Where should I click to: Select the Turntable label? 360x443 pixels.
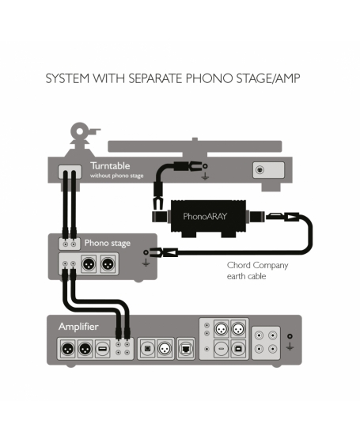click(x=110, y=166)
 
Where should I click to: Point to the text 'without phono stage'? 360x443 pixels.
click(x=117, y=176)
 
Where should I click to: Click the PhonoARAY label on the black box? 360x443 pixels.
click(x=205, y=217)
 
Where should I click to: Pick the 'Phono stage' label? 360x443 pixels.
click(x=108, y=243)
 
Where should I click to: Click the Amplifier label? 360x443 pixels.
click(x=78, y=327)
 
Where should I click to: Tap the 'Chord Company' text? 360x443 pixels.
click(x=257, y=265)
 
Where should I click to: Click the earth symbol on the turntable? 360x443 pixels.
click(x=205, y=177)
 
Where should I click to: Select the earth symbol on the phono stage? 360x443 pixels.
click(x=146, y=263)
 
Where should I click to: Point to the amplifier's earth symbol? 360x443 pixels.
click(x=290, y=346)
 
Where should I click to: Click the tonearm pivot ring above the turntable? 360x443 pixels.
click(x=80, y=131)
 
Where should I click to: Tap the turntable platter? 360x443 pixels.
click(x=195, y=146)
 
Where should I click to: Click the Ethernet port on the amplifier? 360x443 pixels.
click(x=186, y=349)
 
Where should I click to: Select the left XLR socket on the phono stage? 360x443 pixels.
click(x=89, y=264)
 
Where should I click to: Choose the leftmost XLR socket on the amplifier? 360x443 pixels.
click(x=67, y=350)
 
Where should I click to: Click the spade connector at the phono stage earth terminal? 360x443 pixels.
click(x=155, y=252)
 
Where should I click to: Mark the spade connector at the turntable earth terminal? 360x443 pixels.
click(x=196, y=166)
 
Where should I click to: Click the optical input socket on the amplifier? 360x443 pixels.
click(x=147, y=349)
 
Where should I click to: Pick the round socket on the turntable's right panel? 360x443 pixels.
click(x=260, y=170)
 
